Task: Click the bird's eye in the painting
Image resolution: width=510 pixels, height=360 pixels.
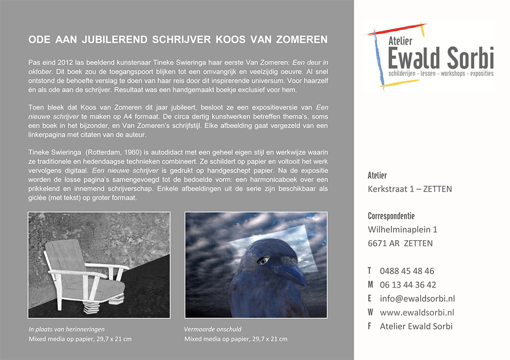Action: (263, 261)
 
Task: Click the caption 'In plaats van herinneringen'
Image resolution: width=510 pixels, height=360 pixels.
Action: (67, 329)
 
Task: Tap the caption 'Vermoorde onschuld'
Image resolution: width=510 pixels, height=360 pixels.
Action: (213, 329)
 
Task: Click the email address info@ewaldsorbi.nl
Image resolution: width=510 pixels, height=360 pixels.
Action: (417, 299)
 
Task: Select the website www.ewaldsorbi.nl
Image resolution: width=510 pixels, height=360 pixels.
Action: (417, 313)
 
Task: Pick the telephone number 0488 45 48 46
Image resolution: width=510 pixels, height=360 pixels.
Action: (407, 271)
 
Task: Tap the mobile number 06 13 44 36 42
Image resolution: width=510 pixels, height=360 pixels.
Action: (408, 285)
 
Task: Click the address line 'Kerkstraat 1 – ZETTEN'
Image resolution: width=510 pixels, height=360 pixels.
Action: (410, 189)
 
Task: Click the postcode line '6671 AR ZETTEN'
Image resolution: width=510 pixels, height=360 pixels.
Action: (400, 243)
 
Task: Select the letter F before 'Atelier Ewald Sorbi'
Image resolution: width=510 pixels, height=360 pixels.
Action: (369, 326)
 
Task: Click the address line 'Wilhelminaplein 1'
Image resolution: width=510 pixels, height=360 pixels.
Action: (402, 229)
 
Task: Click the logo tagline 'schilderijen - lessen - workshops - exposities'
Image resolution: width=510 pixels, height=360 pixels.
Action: (441, 74)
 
